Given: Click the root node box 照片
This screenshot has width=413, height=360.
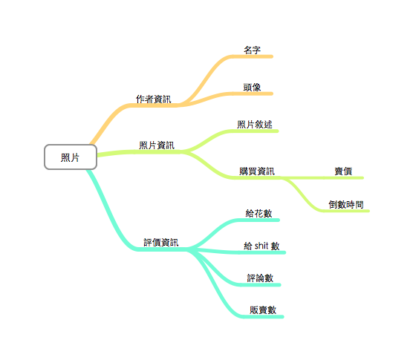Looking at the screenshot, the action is [x=71, y=157].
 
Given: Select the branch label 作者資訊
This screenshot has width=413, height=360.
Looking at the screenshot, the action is [x=153, y=99].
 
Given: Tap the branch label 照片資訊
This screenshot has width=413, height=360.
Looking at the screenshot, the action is [x=157, y=145].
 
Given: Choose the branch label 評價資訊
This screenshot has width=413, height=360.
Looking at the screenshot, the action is [x=161, y=243].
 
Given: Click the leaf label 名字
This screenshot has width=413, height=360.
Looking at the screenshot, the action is [x=252, y=50].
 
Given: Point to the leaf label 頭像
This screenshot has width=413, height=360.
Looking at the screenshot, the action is [x=252, y=87].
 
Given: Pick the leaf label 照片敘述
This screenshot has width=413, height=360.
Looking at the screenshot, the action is [x=255, y=125].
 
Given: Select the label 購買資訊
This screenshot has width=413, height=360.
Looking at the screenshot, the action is [x=257, y=171].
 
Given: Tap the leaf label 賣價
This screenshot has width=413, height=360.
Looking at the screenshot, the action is [x=343, y=171].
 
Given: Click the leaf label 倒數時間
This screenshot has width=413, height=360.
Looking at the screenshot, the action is [x=346, y=204].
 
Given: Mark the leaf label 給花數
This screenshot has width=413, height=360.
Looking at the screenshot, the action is [x=258, y=214].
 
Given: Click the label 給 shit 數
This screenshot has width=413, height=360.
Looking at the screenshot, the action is [x=261, y=246].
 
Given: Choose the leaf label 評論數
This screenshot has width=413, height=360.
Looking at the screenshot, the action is [x=260, y=278].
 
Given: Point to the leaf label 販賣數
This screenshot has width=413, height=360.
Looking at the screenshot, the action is [x=263, y=310].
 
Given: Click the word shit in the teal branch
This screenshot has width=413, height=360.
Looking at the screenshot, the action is [x=261, y=246].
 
